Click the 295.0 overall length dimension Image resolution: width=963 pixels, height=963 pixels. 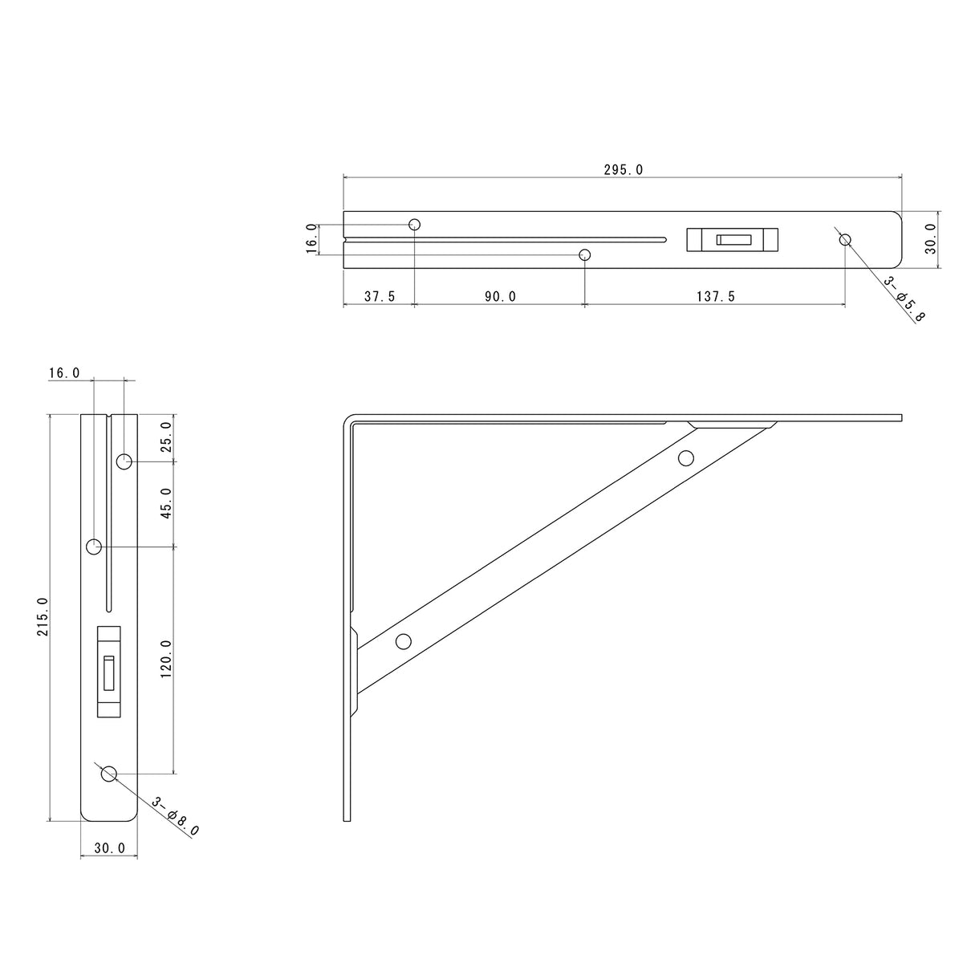(623, 169)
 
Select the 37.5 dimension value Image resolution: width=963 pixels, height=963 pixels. (379, 296)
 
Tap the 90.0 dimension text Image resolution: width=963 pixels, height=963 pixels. (500, 296)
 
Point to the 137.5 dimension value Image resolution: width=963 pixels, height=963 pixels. (714, 296)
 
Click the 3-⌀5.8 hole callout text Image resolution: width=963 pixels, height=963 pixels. (904, 298)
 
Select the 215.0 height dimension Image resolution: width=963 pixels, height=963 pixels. (43, 616)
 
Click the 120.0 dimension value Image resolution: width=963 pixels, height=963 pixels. (166, 660)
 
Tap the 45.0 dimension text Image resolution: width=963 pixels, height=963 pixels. (166, 503)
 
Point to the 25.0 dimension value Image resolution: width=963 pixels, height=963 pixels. (166, 437)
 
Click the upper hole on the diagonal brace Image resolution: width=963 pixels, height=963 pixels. (685, 458)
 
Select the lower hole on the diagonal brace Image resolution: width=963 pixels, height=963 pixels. (404, 641)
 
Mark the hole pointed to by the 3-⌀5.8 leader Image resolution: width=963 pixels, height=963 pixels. (844, 239)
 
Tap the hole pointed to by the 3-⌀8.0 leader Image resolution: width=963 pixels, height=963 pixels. (109, 774)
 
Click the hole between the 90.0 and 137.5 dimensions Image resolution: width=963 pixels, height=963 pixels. (585, 255)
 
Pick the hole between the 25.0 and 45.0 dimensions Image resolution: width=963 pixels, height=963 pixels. (124, 461)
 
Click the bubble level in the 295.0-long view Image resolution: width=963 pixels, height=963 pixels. (733, 239)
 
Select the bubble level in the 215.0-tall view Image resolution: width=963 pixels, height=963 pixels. (108, 671)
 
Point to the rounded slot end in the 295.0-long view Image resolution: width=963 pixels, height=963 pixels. (663, 238)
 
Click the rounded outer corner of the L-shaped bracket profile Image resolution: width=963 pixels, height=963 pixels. (348, 419)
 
